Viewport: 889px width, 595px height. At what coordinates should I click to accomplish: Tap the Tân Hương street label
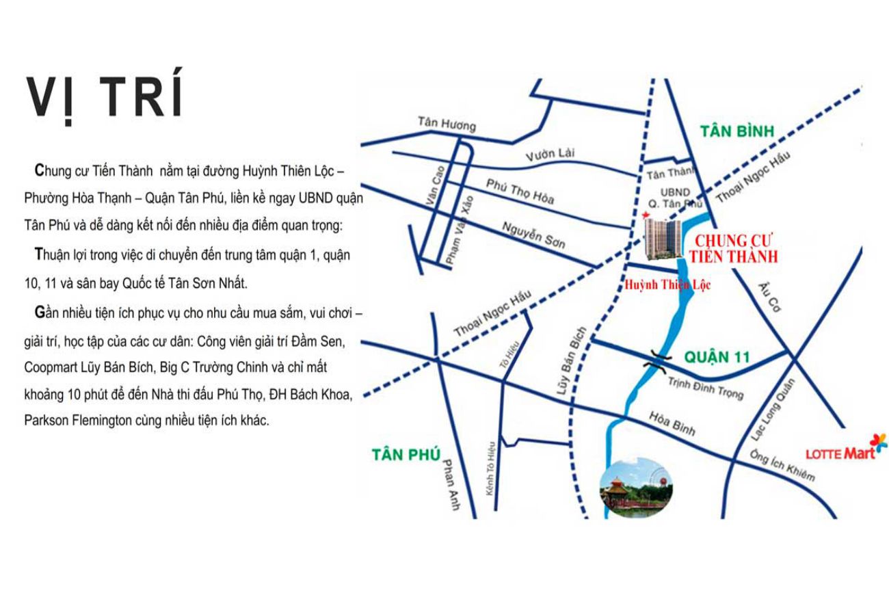(x=447, y=123)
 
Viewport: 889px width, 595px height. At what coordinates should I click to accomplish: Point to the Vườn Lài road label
(x=550, y=155)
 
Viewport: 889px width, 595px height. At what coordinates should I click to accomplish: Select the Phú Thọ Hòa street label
(x=520, y=191)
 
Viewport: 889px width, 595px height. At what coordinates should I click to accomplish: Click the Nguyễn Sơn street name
(x=533, y=235)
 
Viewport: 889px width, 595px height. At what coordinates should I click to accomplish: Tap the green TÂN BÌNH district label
(x=735, y=131)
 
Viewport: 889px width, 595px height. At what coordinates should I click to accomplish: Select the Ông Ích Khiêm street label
(x=782, y=465)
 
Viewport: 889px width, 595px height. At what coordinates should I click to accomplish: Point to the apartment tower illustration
(x=663, y=240)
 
